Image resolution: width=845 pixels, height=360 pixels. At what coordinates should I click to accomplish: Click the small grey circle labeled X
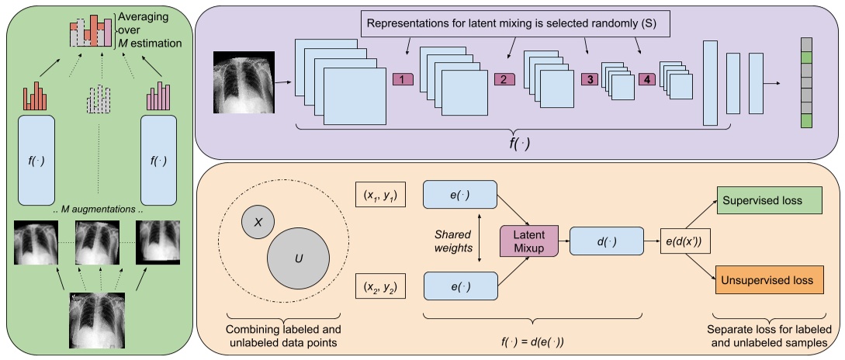259,221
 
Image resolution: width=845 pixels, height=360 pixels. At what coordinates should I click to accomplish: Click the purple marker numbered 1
403,79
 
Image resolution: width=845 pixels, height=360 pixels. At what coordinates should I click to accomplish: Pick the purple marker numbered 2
503,79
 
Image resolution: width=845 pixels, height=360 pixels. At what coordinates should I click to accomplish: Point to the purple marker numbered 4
646,79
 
